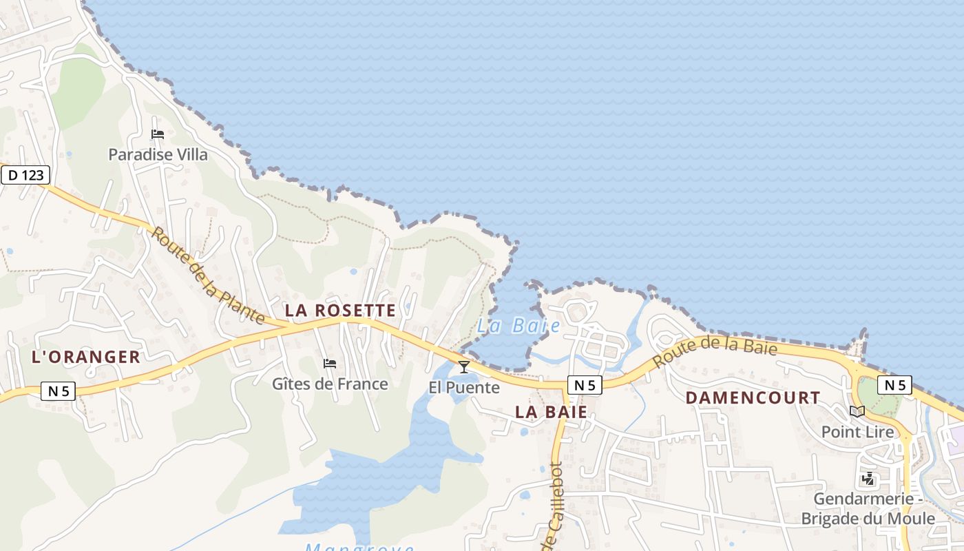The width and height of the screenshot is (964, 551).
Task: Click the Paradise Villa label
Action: (158, 154)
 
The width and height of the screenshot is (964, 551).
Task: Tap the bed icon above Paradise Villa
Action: (158, 134)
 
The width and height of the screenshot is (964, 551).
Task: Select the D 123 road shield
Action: (25, 175)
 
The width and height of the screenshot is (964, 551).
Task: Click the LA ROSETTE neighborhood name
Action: (341, 311)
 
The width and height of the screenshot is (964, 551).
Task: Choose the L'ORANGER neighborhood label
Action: (86, 357)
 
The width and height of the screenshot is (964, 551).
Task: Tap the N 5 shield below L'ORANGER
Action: (58, 391)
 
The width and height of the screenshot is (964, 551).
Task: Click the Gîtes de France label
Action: (330, 384)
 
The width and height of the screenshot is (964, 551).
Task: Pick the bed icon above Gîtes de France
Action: (330, 364)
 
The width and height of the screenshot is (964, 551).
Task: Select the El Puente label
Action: (464, 387)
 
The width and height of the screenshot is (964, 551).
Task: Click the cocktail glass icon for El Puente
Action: (464, 366)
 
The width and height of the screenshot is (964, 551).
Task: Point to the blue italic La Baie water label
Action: (518, 326)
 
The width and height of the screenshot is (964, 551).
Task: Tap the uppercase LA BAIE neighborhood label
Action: (552, 412)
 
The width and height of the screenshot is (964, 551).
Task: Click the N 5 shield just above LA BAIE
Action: (585, 385)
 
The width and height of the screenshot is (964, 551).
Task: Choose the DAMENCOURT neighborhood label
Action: (753, 398)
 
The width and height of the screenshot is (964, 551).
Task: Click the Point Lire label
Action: (857, 432)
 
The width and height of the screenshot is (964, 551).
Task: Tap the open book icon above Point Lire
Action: (857, 412)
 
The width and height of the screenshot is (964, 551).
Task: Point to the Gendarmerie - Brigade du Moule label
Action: (868, 509)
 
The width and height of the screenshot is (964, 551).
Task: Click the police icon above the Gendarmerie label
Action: (868, 479)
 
